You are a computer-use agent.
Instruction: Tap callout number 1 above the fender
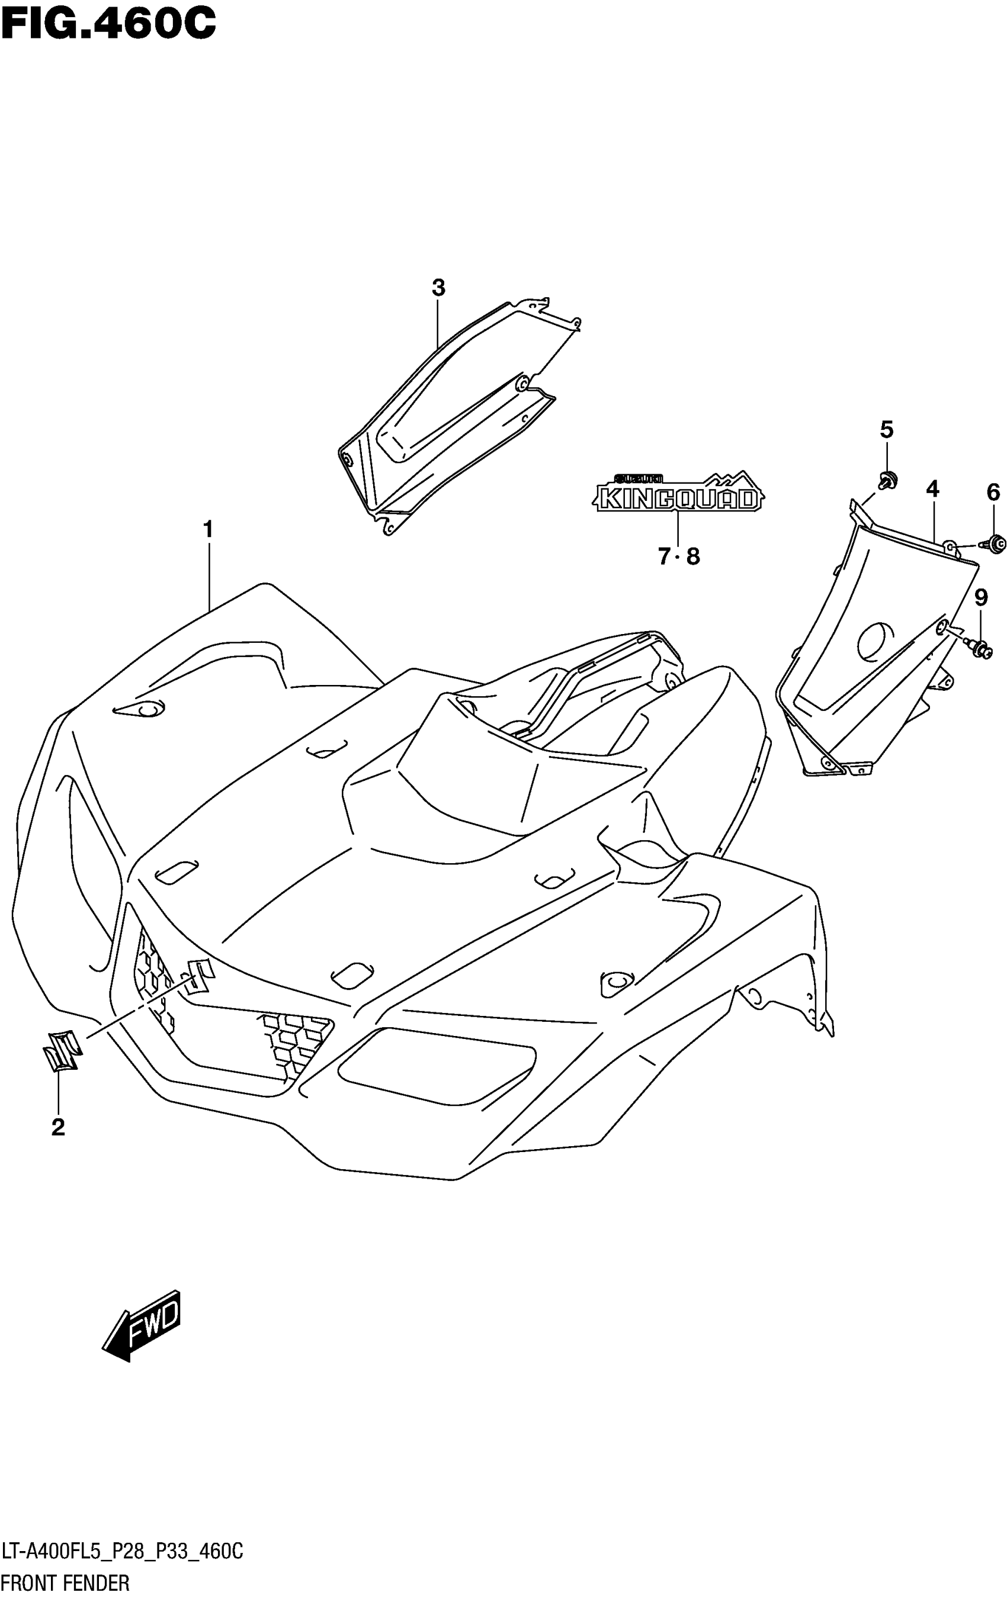click(x=209, y=530)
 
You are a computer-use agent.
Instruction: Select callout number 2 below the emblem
click(x=58, y=1127)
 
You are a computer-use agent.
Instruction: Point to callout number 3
click(x=438, y=288)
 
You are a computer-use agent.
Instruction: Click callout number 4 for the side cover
click(x=932, y=490)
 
